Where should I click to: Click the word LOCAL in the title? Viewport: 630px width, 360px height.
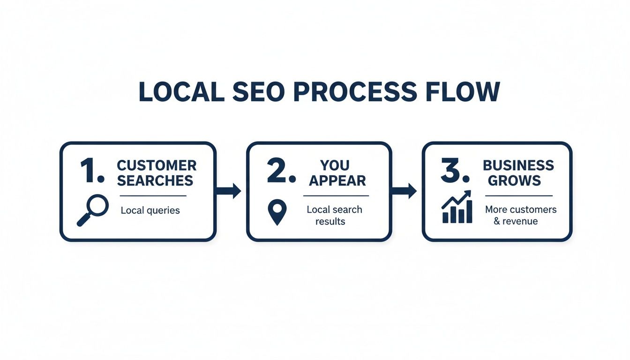coord(181,92)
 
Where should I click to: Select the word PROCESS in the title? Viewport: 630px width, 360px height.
coord(354,92)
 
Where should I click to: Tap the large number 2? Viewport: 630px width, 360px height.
coord(280,172)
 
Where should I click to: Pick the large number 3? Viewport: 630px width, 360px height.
coord(455,172)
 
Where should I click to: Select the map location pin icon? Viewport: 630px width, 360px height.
coord(277,212)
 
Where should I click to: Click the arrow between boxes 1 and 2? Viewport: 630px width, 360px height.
coord(228,191)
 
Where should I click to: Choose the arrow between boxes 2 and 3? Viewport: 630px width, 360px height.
coord(404,191)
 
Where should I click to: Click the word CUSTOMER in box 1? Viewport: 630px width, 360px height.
coord(157,165)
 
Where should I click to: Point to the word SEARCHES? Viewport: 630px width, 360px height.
coord(156,180)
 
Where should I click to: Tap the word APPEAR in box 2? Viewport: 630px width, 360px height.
coord(337,180)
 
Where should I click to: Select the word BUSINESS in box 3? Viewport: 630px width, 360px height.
coord(518,165)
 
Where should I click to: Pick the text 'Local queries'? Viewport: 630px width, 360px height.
coord(150,210)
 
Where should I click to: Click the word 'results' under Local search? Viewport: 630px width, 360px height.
coord(330,221)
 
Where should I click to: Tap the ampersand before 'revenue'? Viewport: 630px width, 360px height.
coord(497,221)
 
